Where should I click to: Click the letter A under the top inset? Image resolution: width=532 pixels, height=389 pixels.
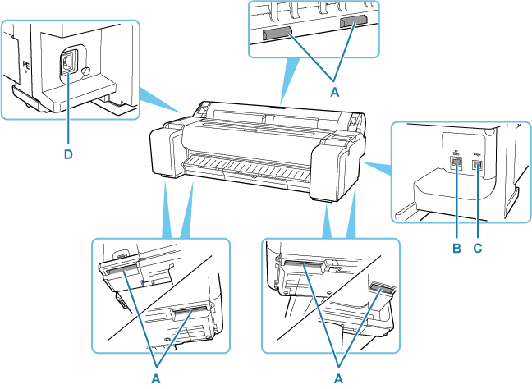[335, 92]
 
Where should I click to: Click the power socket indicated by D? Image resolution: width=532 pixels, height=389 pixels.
[67, 62]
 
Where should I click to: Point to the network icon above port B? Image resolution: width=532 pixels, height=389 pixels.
[456, 150]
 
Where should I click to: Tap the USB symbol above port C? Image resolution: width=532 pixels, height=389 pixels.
[478, 152]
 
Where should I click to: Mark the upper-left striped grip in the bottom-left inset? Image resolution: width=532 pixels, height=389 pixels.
[120, 267]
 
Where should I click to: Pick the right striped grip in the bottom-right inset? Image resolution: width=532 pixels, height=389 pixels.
[383, 289]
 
